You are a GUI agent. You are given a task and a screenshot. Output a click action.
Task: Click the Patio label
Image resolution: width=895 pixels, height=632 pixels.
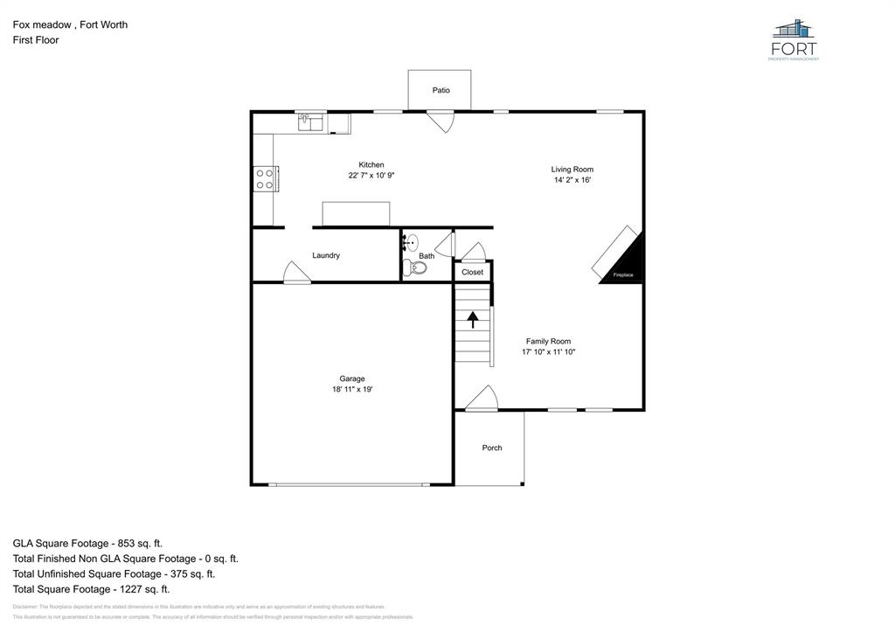(441, 90)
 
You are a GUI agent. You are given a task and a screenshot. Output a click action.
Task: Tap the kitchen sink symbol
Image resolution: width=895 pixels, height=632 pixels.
(309, 123)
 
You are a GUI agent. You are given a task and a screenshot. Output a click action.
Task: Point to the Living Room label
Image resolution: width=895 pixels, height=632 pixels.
(572, 170)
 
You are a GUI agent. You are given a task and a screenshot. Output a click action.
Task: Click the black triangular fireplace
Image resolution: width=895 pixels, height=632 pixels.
(628, 263)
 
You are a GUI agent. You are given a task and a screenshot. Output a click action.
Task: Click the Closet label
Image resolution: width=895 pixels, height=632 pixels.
(472, 272)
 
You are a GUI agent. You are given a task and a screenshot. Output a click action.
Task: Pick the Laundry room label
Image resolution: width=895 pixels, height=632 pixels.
(326, 255)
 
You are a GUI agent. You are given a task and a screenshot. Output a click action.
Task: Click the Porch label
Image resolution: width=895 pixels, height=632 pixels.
(492, 448)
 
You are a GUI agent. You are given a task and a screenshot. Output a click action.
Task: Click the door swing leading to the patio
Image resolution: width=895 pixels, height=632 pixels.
(441, 122)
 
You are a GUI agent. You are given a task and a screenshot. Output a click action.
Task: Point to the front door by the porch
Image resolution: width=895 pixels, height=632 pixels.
(481, 399)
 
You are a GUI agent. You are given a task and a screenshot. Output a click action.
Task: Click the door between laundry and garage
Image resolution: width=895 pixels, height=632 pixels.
(297, 274)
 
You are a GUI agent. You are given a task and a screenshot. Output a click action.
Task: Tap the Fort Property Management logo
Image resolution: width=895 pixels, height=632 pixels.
(794, 40)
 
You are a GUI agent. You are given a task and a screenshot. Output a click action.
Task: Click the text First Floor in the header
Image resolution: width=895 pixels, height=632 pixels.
(36, 40)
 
